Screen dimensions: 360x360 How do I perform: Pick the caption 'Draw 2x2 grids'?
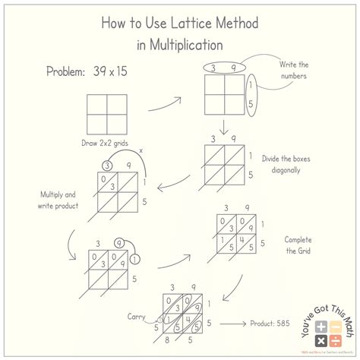(107, 142)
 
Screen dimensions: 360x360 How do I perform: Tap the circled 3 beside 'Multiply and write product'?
(109, 166)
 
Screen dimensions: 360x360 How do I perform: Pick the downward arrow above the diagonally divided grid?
(225, 125)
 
